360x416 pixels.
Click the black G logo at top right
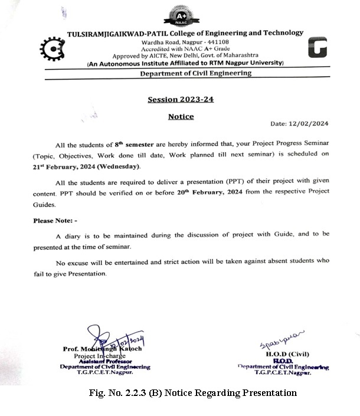318,47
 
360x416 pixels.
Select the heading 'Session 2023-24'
181,99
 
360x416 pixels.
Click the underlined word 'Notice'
181,117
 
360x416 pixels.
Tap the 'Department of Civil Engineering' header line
195,73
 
